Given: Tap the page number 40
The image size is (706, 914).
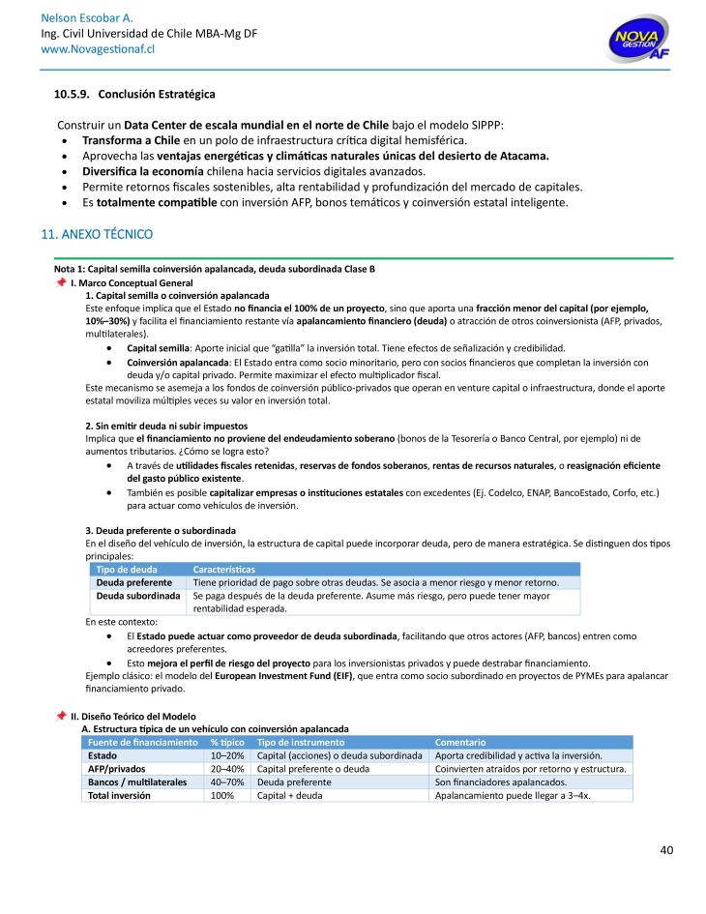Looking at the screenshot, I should [x=666, y=850].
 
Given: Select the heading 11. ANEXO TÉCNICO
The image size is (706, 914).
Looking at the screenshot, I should [x=97, y=234].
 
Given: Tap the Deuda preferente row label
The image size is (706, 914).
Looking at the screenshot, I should [x=132, y=583].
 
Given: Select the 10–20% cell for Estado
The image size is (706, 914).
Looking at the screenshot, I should [x=227, y=755].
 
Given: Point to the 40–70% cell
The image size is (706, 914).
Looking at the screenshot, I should [x=227, y=781].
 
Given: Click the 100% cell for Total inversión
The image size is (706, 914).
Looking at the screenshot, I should [x=222, y=795].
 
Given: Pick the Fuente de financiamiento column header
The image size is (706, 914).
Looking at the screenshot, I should [x=142, y=742].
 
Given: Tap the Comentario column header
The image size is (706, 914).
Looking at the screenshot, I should [x=461, y=742].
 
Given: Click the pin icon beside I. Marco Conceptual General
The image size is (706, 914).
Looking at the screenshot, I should [x=61, y=281].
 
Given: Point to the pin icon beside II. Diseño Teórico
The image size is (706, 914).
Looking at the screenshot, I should [x=61, y=715].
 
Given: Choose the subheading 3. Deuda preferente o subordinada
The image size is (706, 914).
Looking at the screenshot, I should [x=161, y=530].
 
